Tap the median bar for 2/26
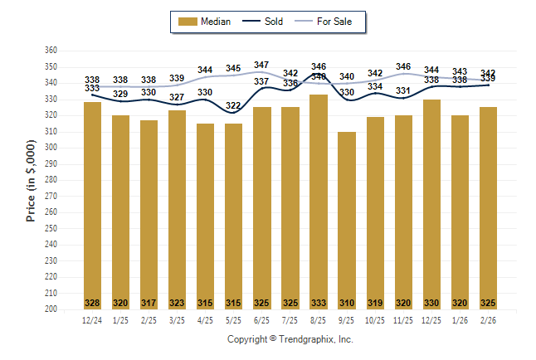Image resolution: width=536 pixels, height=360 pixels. point(488,208)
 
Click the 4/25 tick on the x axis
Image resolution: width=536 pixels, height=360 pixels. point(205,320)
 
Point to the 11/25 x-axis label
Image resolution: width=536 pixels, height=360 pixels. point(403,320)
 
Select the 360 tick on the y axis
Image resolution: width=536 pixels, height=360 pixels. point(50,51)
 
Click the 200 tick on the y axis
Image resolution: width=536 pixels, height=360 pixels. point(50,309)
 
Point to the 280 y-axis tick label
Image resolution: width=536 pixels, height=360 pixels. point(50,180)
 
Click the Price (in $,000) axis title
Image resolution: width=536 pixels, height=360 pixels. point(32,179)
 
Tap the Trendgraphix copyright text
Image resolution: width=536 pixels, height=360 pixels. point(290,339)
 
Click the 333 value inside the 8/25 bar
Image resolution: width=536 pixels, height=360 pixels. point(319,302)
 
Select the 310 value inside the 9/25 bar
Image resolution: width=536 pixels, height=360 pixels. point(347,302)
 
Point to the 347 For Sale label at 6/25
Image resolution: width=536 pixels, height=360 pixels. point(261,65)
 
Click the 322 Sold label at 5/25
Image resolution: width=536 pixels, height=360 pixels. point(233,105)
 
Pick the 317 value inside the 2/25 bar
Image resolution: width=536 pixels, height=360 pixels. point(149,302)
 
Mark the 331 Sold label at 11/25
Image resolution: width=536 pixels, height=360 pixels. point(403,90)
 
